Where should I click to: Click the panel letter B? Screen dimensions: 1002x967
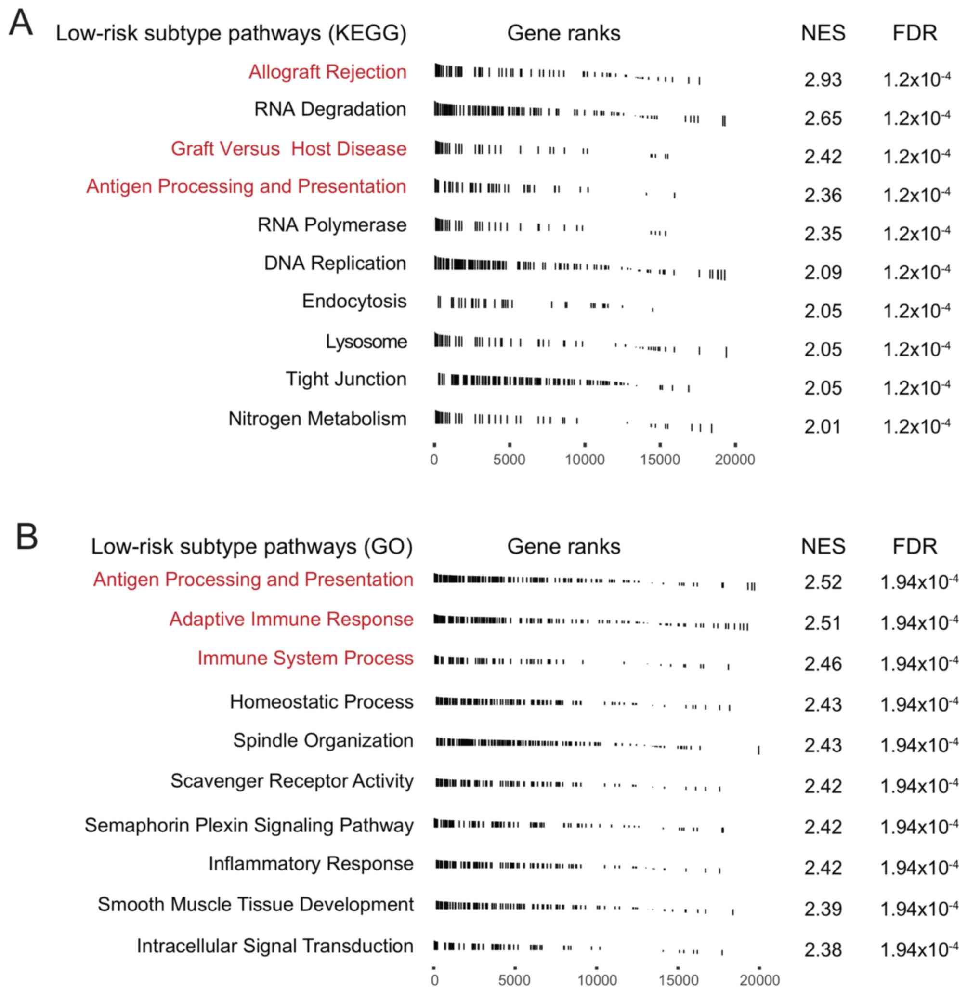click(x=26, y=537)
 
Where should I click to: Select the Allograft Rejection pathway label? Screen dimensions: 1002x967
click(x=327, y=72)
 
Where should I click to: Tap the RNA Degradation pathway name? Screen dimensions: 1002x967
click(x=330, y=109)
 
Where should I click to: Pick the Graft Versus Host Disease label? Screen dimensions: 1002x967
click(x=288, y=148)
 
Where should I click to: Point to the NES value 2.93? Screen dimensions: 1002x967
click(x=823, y=80)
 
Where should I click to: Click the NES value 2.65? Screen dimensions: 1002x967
click(x=823, y=118)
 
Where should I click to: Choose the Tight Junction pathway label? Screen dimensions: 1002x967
click(x=346, y=379)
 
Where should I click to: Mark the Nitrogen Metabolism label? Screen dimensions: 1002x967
click(x=317, y=419)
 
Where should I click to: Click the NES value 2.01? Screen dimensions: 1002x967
click(x=823, y=426)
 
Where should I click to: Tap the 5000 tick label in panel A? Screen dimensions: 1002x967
click(x=509, y=460)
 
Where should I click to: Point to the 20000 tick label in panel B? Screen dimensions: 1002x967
click(x=759, y=980)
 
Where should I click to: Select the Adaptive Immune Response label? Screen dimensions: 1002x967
click(x=291, y=619)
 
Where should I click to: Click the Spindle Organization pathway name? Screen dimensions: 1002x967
click(x=323, y=740)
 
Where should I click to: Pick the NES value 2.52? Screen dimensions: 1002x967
click(x=823, y=582)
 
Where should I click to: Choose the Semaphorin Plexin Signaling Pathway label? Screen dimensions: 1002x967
click(x=249, y=825)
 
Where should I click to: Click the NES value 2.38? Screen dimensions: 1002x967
click(x=823, y=950)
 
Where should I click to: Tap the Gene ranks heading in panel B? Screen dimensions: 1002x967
click(x=563, y=546)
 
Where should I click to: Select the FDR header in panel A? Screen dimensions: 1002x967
click(x=915, y=33)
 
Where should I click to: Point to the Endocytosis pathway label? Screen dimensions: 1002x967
click(x=354, y=301)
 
